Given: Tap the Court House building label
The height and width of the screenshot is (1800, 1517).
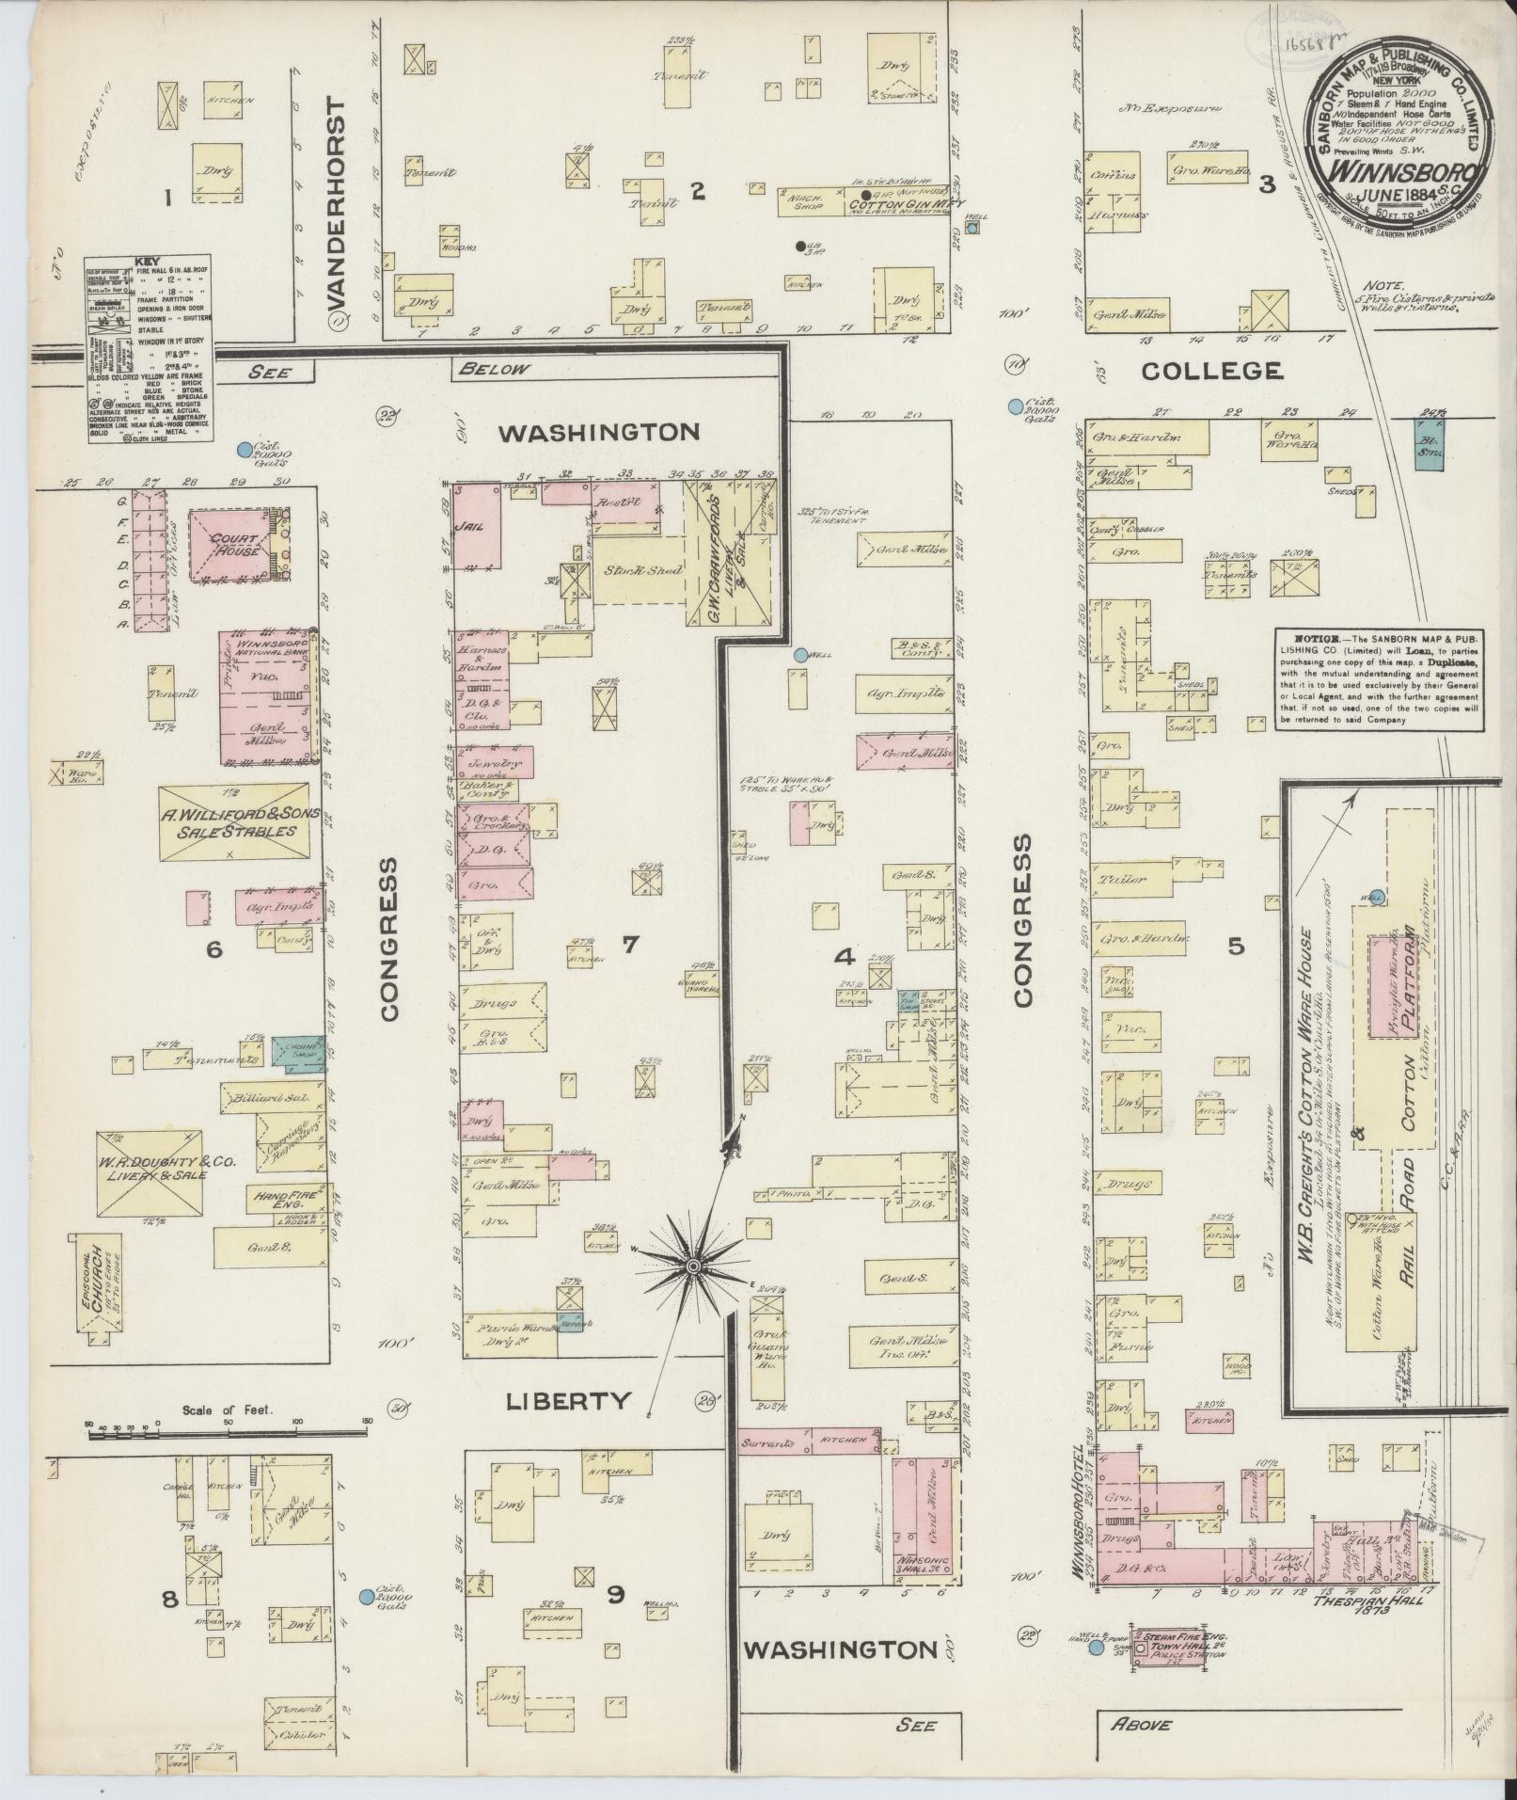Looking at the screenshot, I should click(x=235, y=546).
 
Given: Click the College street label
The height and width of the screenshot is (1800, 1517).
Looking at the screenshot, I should click(x=1212, y=371).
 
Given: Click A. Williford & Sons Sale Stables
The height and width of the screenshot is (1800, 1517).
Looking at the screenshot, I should click(x=232, y=821).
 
